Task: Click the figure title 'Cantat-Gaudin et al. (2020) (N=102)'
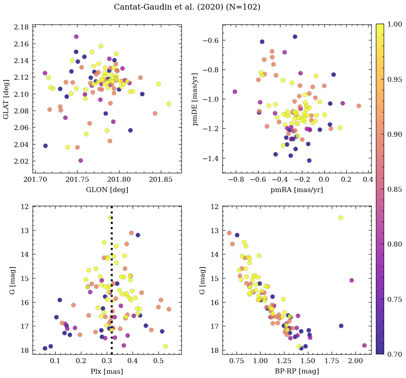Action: (x=187, y=7)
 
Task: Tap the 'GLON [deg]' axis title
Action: (x=107, y=190)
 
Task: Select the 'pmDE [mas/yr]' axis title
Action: (x=195, y=99)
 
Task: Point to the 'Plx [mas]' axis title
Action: (x=107, y=371)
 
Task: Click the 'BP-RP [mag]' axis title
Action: (x=296, y=371)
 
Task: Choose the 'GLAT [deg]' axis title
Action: (x=6, y=99)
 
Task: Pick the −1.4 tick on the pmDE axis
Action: (x=210, y=158)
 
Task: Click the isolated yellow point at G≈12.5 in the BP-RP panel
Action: (x=341, y=218)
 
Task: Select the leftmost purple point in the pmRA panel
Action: (x=235, y=92)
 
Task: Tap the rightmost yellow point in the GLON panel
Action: (x=169, y=104)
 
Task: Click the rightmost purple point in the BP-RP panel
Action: (x=364, y=345)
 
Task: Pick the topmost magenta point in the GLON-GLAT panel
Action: (x=76, y=37)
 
